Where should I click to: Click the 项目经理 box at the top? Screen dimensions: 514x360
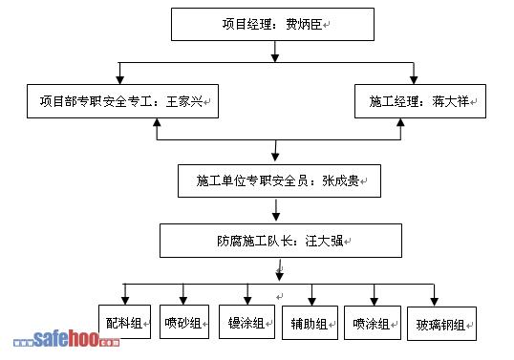pyautogui.click(x=272, y=25)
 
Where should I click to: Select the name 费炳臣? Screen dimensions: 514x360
pyautogui.click(x=304, y=24)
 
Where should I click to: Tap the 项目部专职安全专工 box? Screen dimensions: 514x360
pyautogui.click(x=122, y=101)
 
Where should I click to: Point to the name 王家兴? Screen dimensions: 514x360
pyautogui.click(x=184, y=101)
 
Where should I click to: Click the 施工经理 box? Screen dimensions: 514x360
pyautogui.click(x=420, y=101)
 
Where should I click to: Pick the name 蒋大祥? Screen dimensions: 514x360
pyautogui.click(x=451, y=101)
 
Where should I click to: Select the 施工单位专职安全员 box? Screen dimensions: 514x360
pyautogui.click(x=279, y=180)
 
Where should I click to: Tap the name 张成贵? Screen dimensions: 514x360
pyautogui.click(x=340, y=180)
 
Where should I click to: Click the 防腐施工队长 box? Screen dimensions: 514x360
pyautogui.click(x=281, y=241)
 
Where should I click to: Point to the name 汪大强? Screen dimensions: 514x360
pyautogui.click(x=324, y=241)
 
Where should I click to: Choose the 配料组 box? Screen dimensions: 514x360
pyautogui.click(x=124, y=322)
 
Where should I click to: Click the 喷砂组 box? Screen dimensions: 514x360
pyautogui.click(x=184, y=322)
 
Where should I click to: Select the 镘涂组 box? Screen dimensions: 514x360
pyautogui.click(x=246, y=322)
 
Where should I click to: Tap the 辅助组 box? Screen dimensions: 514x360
pyautogui.click(x=310, y=323)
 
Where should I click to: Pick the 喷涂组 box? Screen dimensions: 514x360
pyautogui.click(x=373, y=323)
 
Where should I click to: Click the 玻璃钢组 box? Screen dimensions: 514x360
pyautogui.click(x=441, y=324)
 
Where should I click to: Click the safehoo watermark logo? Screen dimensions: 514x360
pyautogui.click(x=66, y=339)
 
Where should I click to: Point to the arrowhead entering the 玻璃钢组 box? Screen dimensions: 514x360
pyautogui.click(x=435, y=302)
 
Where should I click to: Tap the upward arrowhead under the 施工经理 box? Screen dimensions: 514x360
pyautogui.click(x=400, y=123)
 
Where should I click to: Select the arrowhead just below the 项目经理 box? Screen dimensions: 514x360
pyautogui.click(x=275, y=57)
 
